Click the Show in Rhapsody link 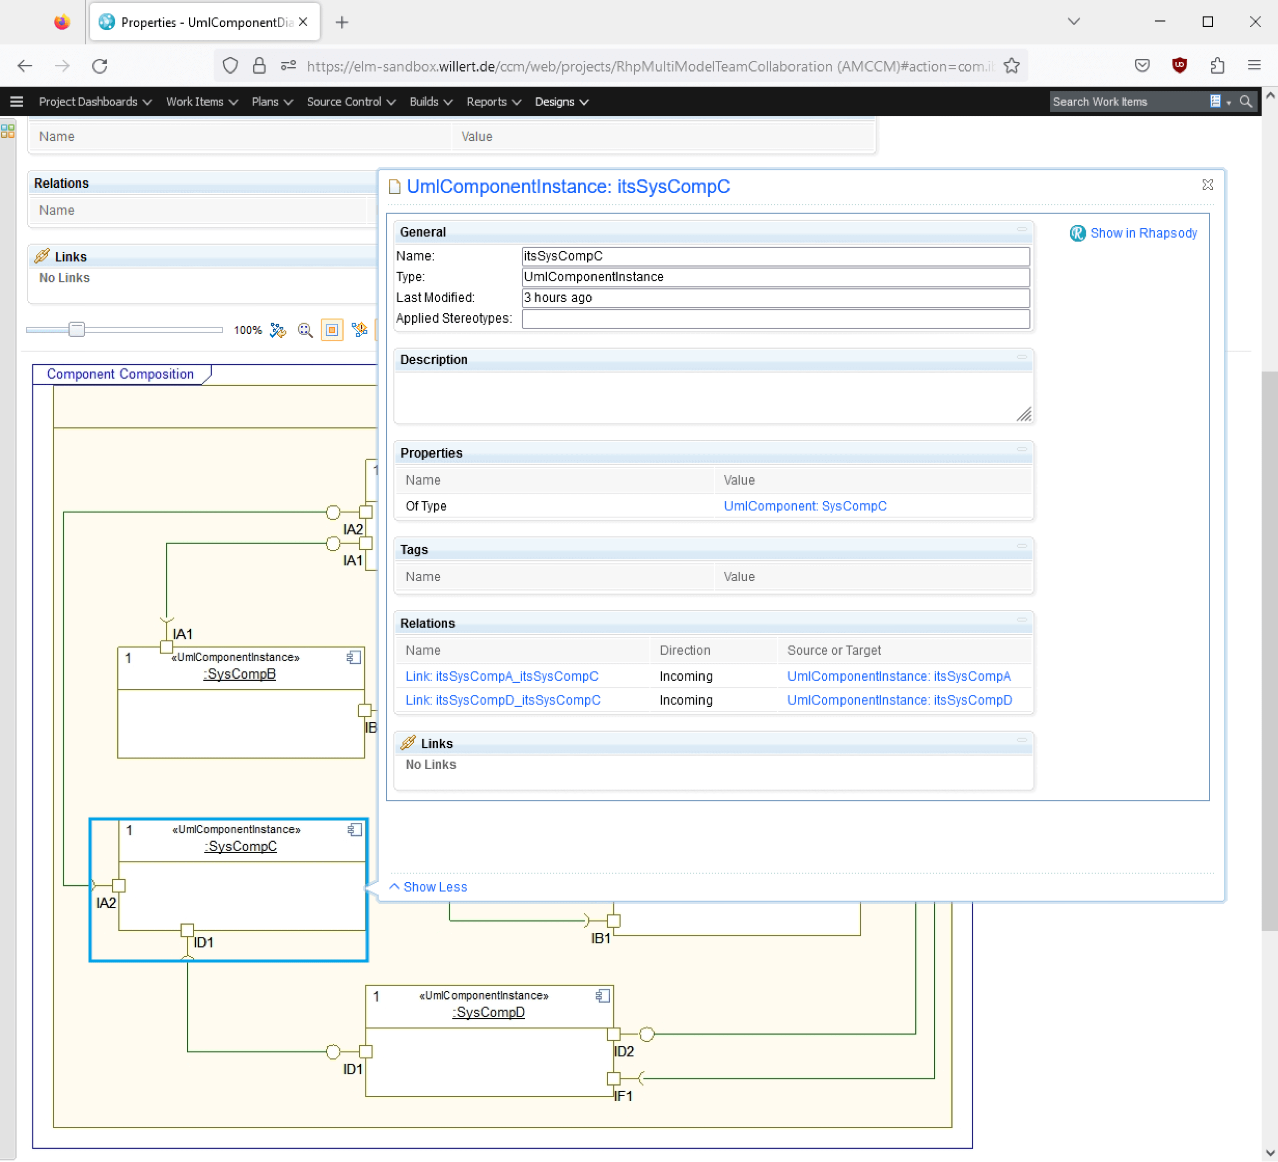(x=1143, y=233)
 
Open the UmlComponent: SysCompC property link (x=805, y=506)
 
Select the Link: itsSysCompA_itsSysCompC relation (x=502, y=676)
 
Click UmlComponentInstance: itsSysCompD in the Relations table (x=899, y=700)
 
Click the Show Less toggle (x=434, y=887)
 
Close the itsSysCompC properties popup (x=1207, y=184)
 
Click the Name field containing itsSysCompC (x=774, y=256)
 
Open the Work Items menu (x=201, y=102)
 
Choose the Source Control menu (x=351, y=102)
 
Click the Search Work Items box (x=1127, y=102)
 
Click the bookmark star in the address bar (x=1012, y=66)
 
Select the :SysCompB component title (x=240, y=674)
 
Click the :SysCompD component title (x=489, y=1013)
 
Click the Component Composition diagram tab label (x=120, y=374)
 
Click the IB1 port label (x=600, y=938)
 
